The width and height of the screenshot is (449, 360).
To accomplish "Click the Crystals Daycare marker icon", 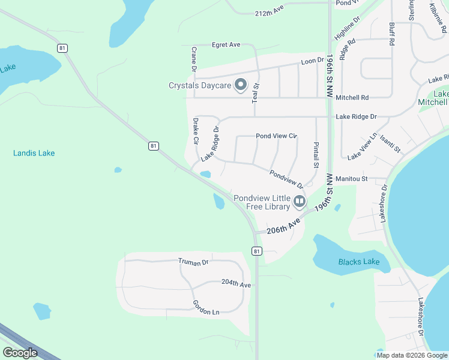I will (x=240, y=85).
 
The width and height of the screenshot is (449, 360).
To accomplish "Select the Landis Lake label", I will (x=34, y=153).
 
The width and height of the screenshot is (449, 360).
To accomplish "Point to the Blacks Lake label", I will (x=358, y=262).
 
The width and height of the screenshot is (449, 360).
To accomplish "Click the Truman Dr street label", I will (x=193, y=262).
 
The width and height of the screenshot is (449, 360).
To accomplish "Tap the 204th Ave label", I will (x=236, y=283).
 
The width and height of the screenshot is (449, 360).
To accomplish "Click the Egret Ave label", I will (x=226, y=44).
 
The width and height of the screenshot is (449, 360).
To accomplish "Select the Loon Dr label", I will (x=312, y=61).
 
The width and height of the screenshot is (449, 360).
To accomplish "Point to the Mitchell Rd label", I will (x=352, y=97).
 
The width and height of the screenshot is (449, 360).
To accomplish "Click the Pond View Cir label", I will (x=277, y=136).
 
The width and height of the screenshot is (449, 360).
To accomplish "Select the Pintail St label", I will (x=316, y=155).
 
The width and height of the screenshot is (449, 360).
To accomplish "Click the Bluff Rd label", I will (x=392, y=35).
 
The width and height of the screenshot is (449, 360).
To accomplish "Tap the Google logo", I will (x=20, y=353).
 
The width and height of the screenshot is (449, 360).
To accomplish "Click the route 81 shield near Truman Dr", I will (x=256, y=251).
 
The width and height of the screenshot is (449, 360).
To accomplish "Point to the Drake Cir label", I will (x=196, y=131).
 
